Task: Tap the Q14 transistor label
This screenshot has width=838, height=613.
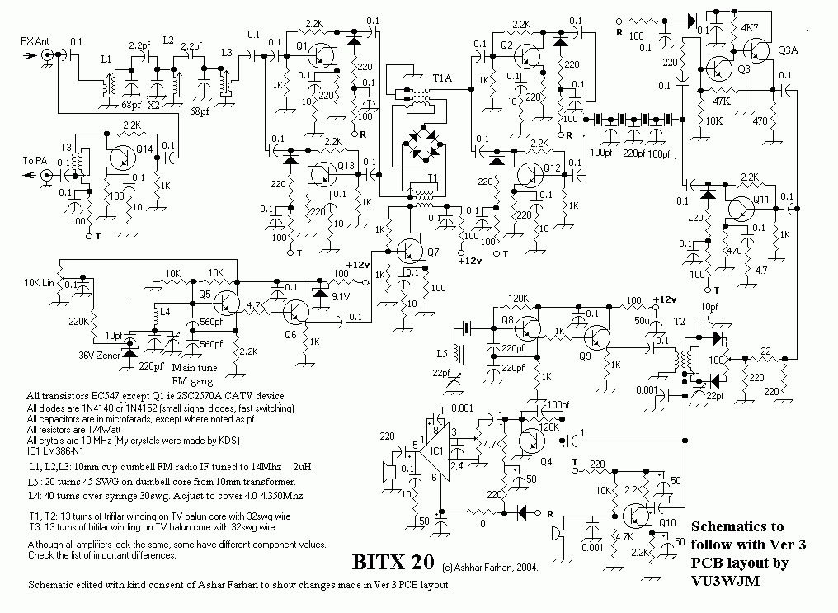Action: point(145,149)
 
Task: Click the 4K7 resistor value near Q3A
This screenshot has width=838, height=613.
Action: point(750,27)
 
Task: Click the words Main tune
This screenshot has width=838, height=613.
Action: point(192,369)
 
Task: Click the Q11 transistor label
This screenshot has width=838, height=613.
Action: point(762,199)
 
